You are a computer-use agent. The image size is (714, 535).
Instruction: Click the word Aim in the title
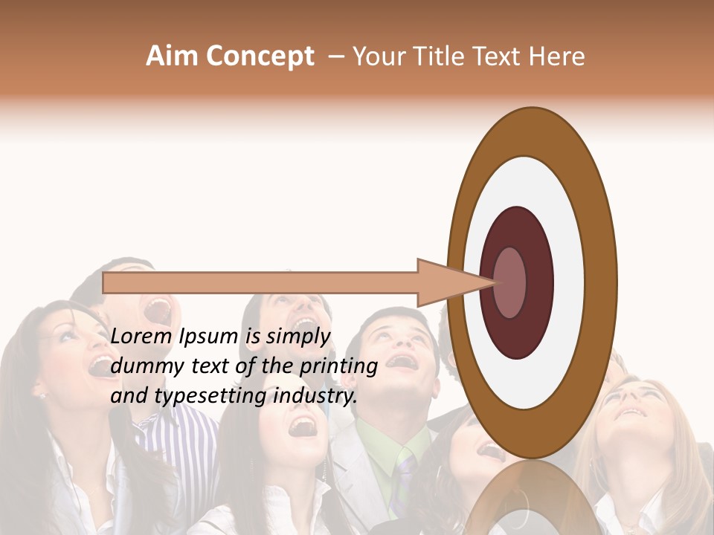pyautogui.click(x=171, y=56)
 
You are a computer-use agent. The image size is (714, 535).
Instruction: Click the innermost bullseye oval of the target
pyautogui.click(x=510, y=282)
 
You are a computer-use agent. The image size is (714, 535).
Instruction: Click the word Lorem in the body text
pyautogui.click(x=141, y=337)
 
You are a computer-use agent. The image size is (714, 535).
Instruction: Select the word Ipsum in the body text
pyautogui.click(x=209, y=337)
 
